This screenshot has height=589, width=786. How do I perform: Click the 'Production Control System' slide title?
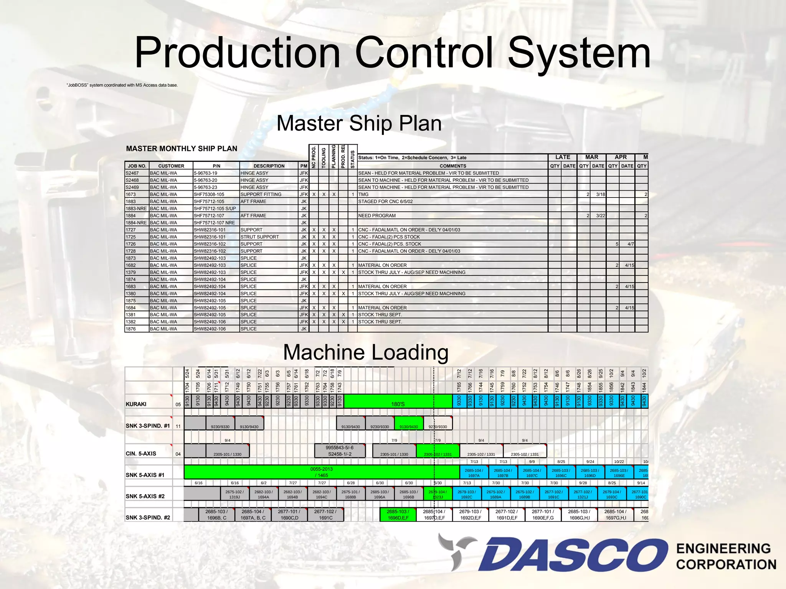[x=392, y=53]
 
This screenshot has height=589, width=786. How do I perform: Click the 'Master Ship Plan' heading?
[x=359, y=123]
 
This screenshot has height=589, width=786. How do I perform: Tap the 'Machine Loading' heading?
[x=366, y=352]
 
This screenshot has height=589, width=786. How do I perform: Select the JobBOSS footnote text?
[x=122, y=85]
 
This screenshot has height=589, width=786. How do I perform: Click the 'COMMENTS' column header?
[x=452, y=166]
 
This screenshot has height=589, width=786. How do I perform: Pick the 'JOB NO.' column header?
[x=137, y=166]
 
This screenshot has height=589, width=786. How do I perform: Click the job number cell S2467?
[x=132, y=173]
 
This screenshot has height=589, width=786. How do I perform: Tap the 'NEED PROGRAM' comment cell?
[x=377, y=216]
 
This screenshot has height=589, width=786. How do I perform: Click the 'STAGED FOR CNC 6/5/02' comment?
[x=385, y=201]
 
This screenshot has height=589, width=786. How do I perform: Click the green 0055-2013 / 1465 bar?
[x=322, y=472]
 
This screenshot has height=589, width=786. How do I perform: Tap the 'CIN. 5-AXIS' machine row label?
[x=141, y=454]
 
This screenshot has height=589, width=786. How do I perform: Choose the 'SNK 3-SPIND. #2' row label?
[x=148, y=517]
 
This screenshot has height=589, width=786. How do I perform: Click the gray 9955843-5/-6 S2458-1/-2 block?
[x=339, y=451]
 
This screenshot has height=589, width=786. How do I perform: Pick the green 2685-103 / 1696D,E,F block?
[x=398, y=515]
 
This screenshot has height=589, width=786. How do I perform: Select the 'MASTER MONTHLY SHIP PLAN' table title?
[x=182, y=149]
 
